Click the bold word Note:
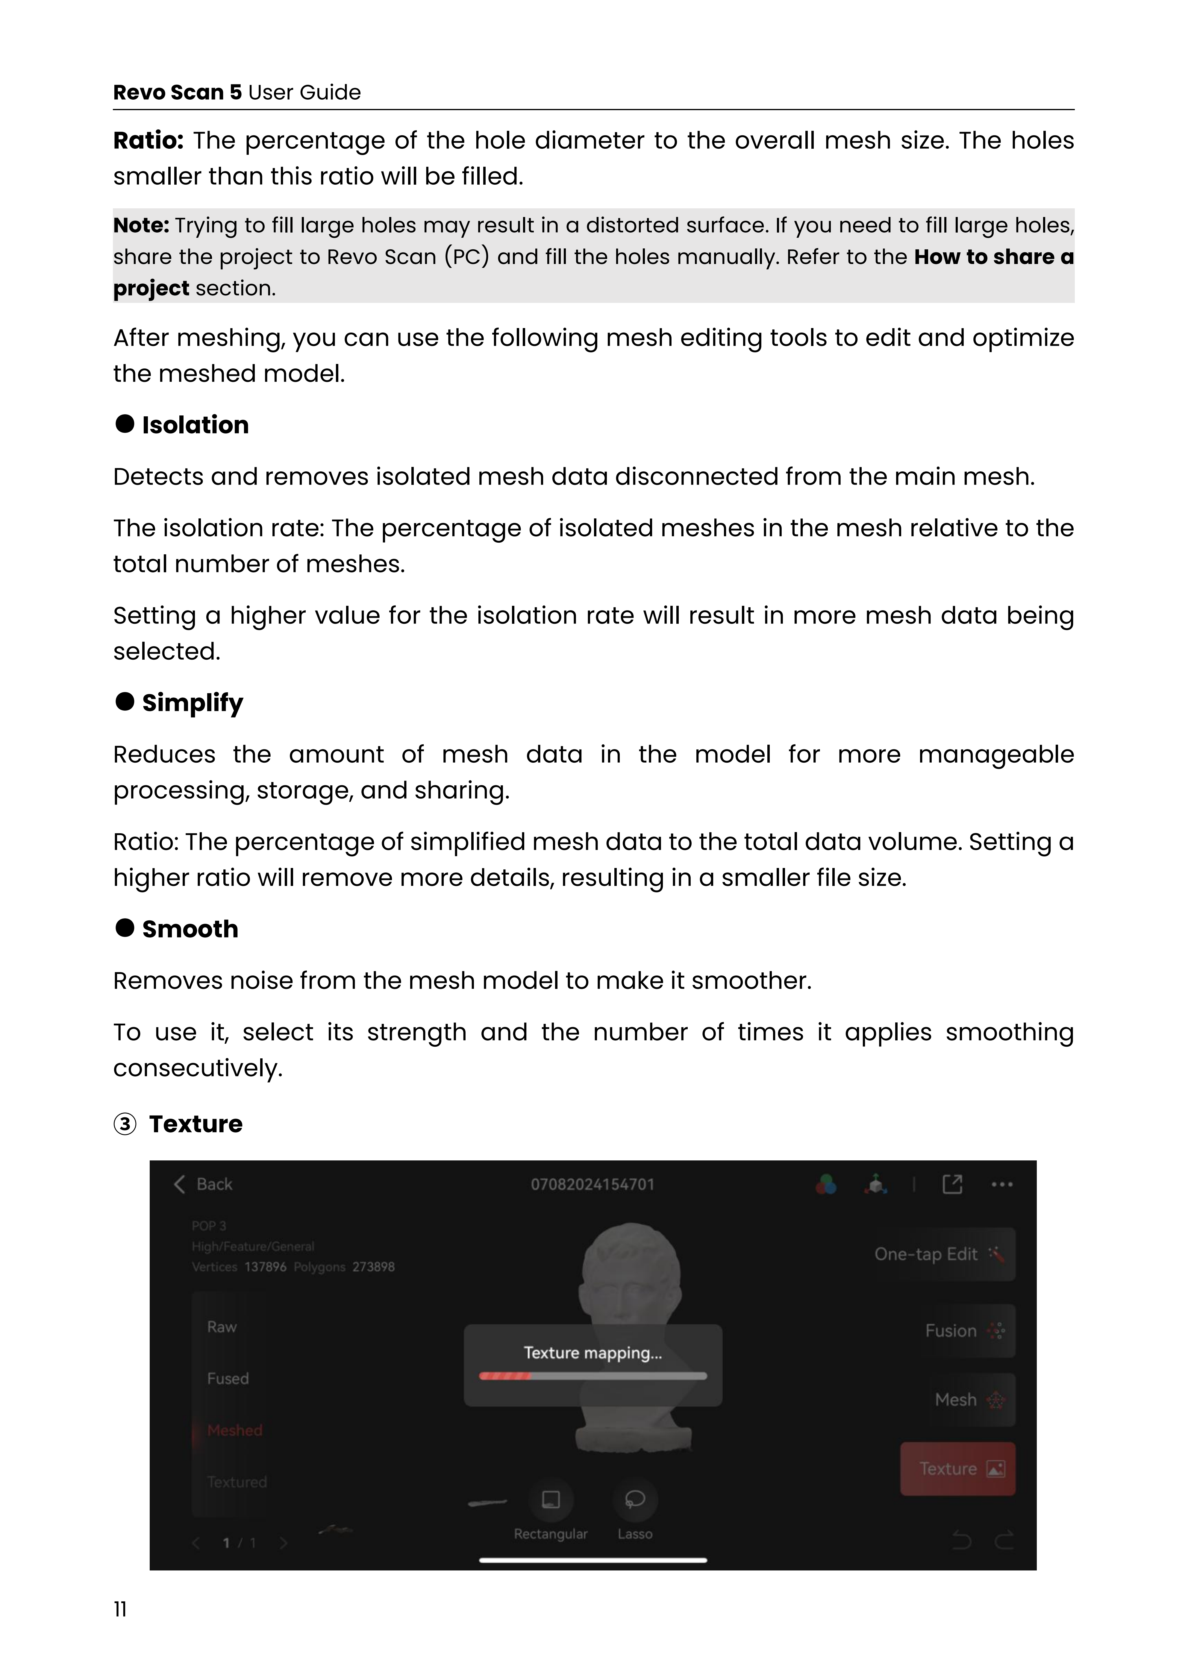140,225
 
